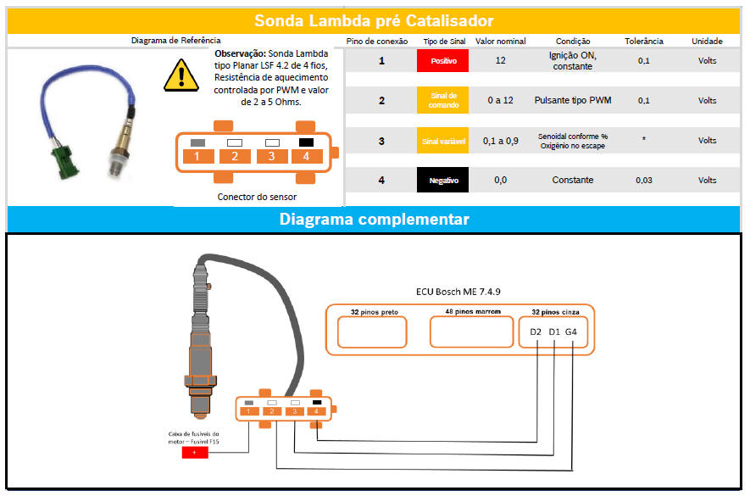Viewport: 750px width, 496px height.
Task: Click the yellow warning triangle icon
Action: click(x=181, y=75)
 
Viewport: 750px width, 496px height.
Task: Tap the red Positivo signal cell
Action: click(x=442, y=61)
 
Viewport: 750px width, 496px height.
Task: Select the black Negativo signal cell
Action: click(x=442, y=180)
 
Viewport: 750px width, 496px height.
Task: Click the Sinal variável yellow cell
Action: click(x=442, y=141)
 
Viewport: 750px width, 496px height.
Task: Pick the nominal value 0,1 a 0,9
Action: click(x=500, y=141)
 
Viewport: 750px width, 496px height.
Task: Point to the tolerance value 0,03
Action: click(x=644, y=180)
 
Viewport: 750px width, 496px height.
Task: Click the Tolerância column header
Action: click(x=644, y=42)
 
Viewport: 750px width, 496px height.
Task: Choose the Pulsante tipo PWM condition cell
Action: click(x=573, y=100)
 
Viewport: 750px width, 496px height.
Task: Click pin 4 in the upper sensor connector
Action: click(x=306, y=156)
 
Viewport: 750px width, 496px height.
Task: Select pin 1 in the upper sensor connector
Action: click(x=198, y=156)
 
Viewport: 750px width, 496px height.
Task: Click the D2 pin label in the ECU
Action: click(x=536, y=332)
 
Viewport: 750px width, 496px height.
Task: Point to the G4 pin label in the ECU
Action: click(x=570, y=332)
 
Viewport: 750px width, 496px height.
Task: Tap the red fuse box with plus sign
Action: click(x=195, y=452)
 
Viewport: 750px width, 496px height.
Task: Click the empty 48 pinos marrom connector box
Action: click(x=472, y=332)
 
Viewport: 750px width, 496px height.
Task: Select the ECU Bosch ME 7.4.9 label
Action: click(x=458, y=292)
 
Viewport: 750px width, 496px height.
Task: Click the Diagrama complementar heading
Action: click(x=374, y=219)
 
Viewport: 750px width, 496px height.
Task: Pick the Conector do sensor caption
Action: click(x=257, y=197)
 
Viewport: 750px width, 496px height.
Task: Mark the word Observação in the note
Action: click(x=240, y=53)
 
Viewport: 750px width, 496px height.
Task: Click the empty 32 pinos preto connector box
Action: click(x=372, y=332)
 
